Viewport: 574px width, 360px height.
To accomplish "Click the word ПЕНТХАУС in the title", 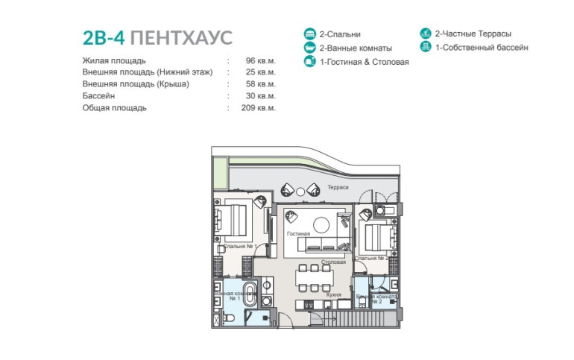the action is pos(181,38).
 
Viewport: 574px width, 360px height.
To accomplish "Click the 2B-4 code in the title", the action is pos(104,38).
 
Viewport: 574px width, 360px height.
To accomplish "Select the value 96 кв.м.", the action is pos(261,60).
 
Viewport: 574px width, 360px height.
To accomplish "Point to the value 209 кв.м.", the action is pos(259,108).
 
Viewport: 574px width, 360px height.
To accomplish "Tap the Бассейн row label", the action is pos(98,96).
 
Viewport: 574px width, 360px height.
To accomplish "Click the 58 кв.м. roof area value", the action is pos(261,83).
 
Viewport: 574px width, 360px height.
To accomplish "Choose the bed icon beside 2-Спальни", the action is pos(309,34).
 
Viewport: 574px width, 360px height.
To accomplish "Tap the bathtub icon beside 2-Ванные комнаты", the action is pos(309,48).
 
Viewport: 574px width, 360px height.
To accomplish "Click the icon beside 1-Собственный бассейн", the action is pos(426,46).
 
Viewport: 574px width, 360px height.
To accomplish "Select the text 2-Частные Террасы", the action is pos(473,34).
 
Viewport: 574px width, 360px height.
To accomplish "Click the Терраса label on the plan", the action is pos(338,187).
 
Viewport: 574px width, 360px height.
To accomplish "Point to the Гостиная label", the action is pos(298,233).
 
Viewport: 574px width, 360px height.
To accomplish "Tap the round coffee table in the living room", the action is pos(321,225).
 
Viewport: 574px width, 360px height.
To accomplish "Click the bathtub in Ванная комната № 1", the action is pos(250,293).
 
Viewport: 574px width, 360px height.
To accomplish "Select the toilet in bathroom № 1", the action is pos(228,318).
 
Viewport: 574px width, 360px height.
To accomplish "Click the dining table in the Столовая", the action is pos(315,279).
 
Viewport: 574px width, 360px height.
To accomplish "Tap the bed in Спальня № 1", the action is pos(232,220).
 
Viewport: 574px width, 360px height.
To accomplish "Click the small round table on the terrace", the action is pos(300,192).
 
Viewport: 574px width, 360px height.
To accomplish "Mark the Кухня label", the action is pos(333,294).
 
